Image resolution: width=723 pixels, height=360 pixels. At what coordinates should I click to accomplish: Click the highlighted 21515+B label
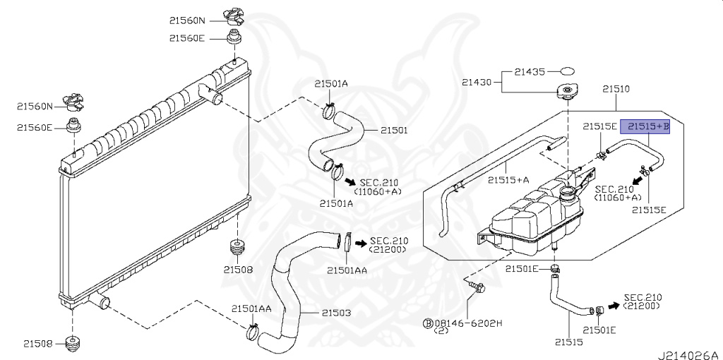(x=647, y=126)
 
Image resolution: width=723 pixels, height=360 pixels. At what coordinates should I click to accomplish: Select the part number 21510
(x=616, y=90)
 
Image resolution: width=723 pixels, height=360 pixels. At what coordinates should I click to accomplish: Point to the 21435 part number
(x=531, y=71)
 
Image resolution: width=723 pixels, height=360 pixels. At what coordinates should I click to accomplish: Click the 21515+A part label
(x=508, y=180)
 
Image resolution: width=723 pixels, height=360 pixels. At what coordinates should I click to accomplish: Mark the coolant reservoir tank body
(x=537, y=215)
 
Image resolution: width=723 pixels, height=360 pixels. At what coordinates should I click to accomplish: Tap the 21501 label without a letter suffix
(x=394, y=131)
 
